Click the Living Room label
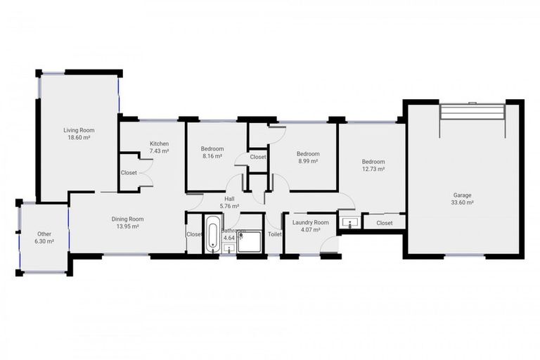pyautogui.click(x=79, y=130)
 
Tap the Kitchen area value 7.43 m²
pyautogui.click(x=159, y=151)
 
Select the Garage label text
pyautogui.click(x=462, y=195)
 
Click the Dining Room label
pyautogui.click(x=127, y=219)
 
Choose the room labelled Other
pyautogui.click(x=44, y=233)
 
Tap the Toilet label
pyautogui.click(x=274, y=234)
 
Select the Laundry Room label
pyautogui.click(x=310, y=221)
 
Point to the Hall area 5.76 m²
pyautogui.click(x=230, y=207)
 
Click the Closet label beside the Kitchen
pyautogui.click(x=129, y=172)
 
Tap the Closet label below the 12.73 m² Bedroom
pyautogui.click(x=385, y=223)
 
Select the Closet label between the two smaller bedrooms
pyautogui.click(x=258, y=157)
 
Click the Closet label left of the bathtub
pyautogui.click(x=194, y=234)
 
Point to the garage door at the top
pyautogui.click(x=472, y=112)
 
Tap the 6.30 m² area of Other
pyautogui.click(x=44, y=241)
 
